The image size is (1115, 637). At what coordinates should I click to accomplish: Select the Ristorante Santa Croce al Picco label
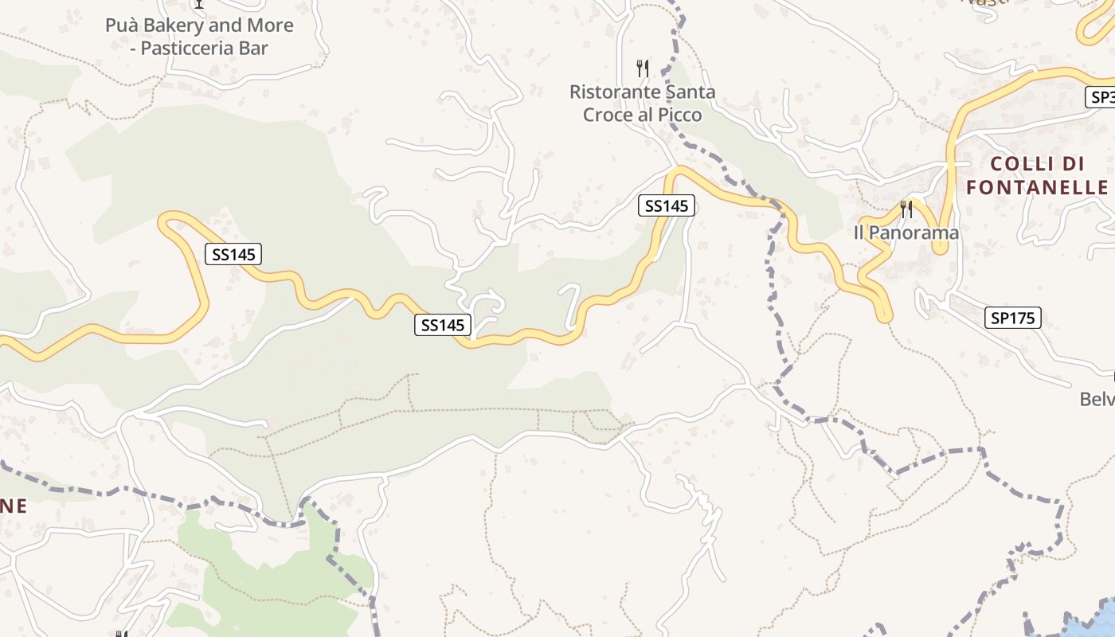[642, 104]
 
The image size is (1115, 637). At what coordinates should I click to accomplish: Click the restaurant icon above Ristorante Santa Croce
[643, 68]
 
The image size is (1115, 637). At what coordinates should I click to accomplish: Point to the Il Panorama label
[906, 233]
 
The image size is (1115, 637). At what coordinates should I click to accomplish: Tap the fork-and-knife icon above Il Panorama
[906, 209]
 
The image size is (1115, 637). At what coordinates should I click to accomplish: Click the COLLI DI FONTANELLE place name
[1037, 176]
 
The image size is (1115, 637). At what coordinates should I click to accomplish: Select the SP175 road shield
[1012, 318]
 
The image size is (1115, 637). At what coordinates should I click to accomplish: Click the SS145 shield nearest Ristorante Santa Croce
[667, 206]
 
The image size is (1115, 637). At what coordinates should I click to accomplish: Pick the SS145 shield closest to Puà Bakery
[233, 255]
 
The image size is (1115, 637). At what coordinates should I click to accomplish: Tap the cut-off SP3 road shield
[1101, 98]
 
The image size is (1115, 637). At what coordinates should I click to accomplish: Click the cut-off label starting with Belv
[1097, 399]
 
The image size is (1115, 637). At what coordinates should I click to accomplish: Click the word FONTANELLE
[1037, 188]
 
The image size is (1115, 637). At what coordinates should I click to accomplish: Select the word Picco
[682, 115]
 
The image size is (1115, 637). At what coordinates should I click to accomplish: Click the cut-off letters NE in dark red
[14, 506]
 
